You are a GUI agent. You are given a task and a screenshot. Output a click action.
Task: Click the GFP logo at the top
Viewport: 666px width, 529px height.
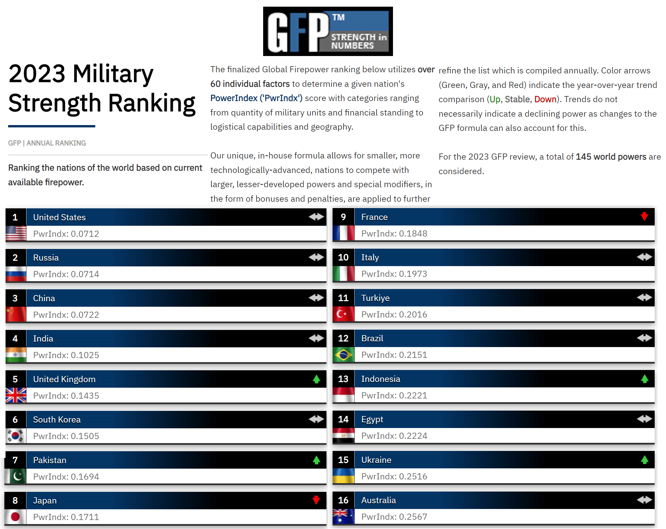point(328,31)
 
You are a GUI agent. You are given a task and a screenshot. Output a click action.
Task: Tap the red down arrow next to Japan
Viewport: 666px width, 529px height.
point(316,500)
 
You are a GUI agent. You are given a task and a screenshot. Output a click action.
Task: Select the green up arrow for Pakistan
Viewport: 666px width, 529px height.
point(316,460)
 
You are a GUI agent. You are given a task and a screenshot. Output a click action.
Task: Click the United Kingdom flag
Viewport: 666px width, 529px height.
point(16,395)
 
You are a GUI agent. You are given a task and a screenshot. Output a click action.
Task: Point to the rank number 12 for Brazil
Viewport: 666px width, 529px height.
point(343,338)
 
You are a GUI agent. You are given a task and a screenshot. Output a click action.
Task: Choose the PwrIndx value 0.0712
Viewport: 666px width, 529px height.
point(85,234)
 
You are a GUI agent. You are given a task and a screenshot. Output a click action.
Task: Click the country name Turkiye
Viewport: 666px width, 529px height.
point(375,298)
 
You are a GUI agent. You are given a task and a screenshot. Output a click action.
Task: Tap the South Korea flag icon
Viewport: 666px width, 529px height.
point(16,436)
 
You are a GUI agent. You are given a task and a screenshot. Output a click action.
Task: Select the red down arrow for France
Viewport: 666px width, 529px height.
point(644,216)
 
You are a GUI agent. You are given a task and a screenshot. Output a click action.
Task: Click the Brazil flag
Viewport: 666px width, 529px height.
point(343,355)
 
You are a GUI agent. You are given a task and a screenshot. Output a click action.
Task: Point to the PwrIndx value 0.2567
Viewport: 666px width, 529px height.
point(413,517)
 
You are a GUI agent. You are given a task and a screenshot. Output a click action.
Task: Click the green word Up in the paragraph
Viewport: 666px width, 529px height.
point(495,99)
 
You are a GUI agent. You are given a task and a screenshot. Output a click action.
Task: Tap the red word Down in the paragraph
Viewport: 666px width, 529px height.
point(545,99)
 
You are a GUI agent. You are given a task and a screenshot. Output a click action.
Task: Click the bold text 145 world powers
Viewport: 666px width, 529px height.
point(611,157)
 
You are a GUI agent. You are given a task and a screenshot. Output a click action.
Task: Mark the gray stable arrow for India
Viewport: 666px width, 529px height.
point(316,338)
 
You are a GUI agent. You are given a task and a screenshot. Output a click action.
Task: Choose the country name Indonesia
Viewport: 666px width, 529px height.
point(380,379)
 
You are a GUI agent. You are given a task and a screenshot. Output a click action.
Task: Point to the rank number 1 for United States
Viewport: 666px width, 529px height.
point(15,217)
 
